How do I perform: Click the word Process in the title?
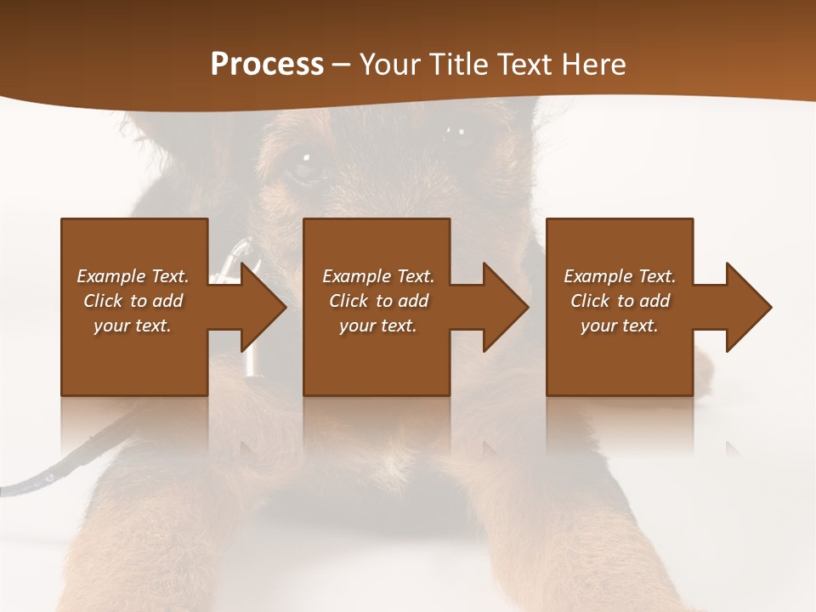click(267, 65)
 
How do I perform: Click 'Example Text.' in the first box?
click(133, 276)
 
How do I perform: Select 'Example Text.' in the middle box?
click(378, 276)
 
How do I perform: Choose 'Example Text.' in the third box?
click(620, 276)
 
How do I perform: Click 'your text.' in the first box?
click(133, 326)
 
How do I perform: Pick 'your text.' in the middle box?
click(378, 326)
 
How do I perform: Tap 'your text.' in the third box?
click(620, 326)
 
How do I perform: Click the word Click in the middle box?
click(347, 301)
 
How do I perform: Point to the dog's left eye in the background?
click(304, 161)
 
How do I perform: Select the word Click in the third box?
click(589, 301)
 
